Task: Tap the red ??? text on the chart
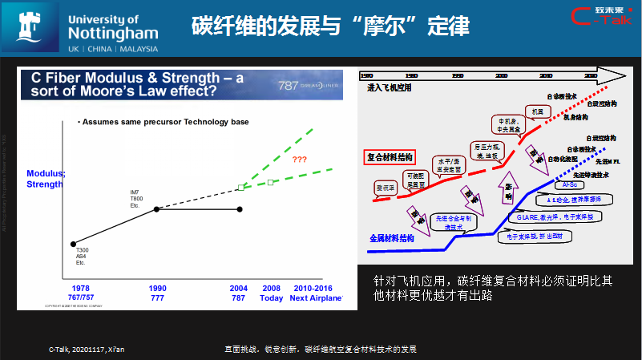coord(300,159)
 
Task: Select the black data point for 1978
coord(74,244)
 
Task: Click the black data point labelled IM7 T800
coord(156,209)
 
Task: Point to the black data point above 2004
coord(240,209)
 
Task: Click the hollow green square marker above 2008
coord(271,182)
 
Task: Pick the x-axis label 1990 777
coord(157,292)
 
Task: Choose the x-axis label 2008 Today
coord(271,292)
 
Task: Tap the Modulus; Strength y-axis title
coord(44,178)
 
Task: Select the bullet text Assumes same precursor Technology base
coord(163,122)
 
